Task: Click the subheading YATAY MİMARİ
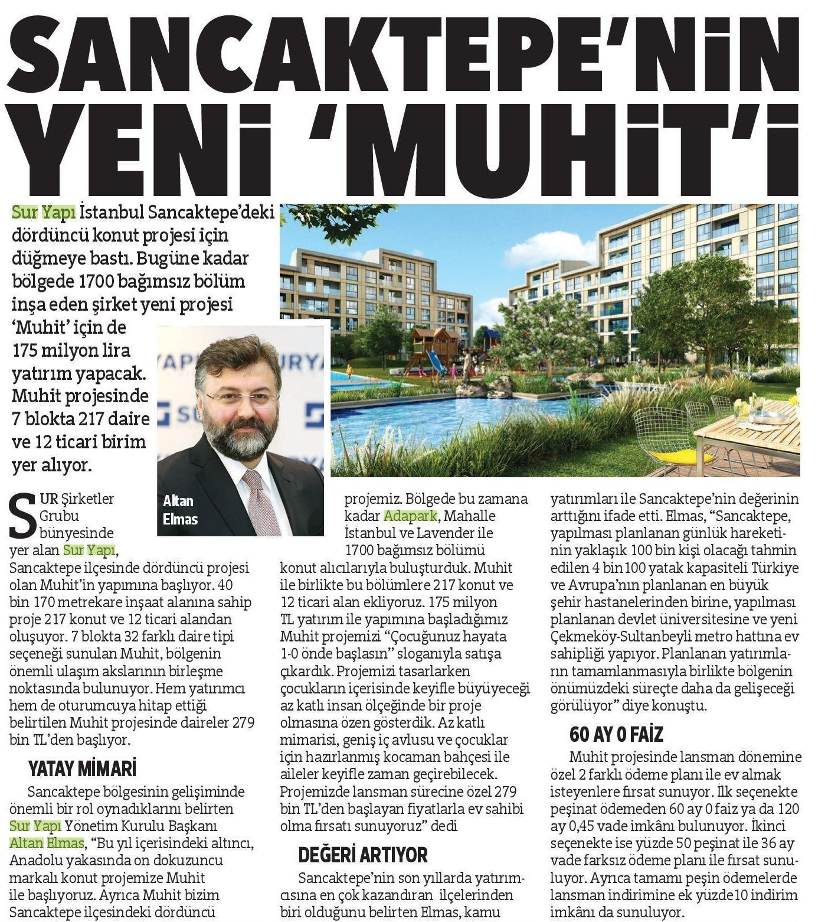pos(82,768)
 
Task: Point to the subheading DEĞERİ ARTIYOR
pos(362,855)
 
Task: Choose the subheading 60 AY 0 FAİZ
pos(616,734)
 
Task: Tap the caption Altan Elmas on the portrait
pos(180,510)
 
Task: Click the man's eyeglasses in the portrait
pos(243,397)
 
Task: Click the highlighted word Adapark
pos(410,516)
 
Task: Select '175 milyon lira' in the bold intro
pos(71,350)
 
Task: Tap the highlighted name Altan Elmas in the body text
pos(47,843)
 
